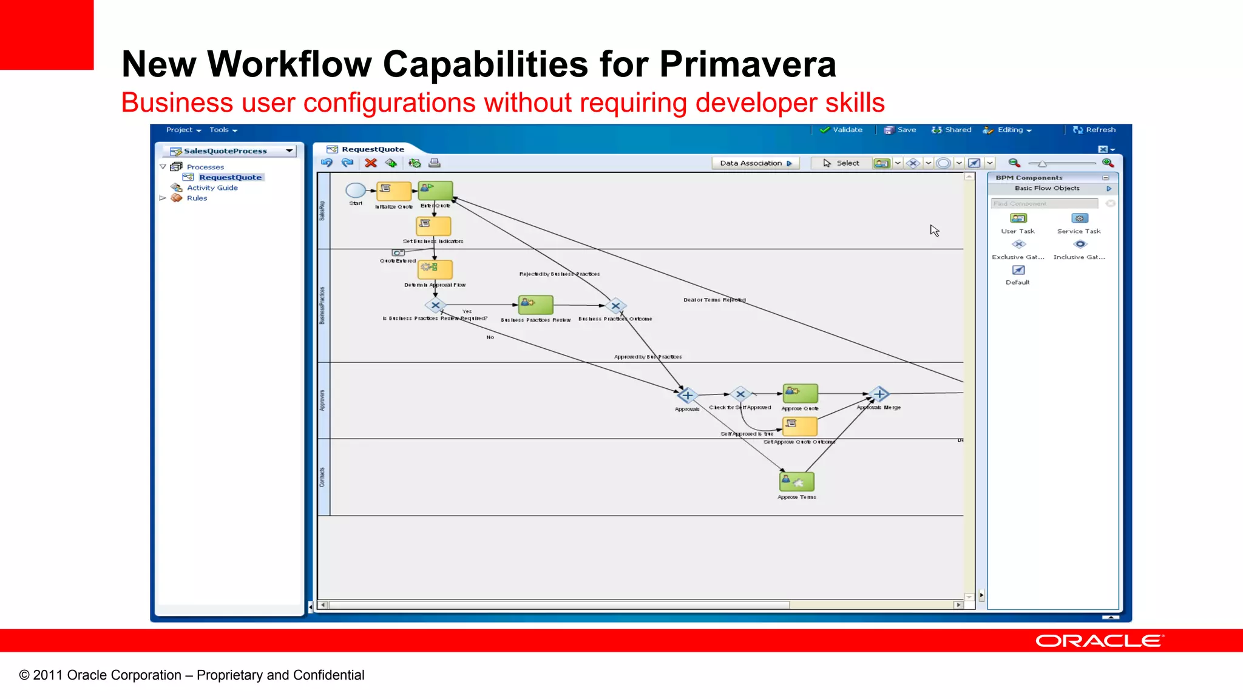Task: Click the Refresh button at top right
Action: tap(1094, 130)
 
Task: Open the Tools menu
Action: tap(223, 130)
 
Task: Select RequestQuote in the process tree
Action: tap(230, 177)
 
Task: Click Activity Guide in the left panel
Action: tap(212, 187)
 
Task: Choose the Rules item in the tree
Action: tap(197, 198)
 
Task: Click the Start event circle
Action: tap(356, 191)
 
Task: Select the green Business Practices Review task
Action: tap(535, 305)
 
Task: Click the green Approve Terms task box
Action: tap(796, 482)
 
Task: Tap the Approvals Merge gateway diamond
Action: tap(879, 394)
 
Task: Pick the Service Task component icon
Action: tap(1079, 218)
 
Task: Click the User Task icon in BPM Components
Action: tap(1018, 218)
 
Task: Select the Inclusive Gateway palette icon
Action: tap(1080, 245)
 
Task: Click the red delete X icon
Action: tap(371, 163)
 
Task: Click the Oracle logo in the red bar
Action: tap(1099, 641)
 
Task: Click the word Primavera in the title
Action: tap(747, 64)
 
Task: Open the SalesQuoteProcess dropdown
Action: tap(290, 150)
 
